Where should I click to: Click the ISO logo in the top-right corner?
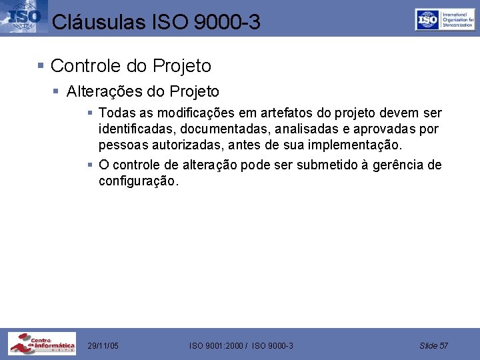click(x=445, y=20)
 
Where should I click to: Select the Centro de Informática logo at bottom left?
click(x=42, y=343)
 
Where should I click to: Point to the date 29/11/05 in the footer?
click(x=103, y=345)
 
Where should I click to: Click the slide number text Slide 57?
click(x=434, y=345)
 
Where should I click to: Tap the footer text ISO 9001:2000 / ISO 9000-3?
click(x=241, y=345)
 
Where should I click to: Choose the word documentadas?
click(x=214, y=129)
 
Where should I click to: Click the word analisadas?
click(x=290, y=129)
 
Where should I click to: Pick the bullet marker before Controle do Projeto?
click(x=41, y=66)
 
